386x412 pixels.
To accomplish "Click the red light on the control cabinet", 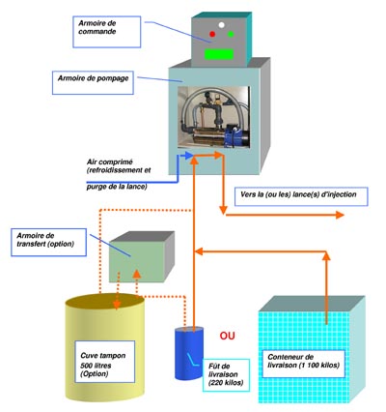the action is pyautogui.click(x=212, y=34).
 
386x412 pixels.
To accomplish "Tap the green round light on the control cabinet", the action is pyautogui.click(x=231, y=34).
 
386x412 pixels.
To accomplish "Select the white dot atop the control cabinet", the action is pyautogui.click(x=221, y=24).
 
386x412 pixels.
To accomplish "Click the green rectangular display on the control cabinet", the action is pyautogui.click(x=219, y=54).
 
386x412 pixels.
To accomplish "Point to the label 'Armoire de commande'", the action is pyautogui.click(x=107, y=32).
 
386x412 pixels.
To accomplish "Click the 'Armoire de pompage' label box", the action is pyautogui.click(x=93, y=83).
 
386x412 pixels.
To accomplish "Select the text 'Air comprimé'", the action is pyautogui.click(x=110, y=162).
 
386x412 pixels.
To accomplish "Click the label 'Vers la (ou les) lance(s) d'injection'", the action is pyautogui.click(x=301, y=196).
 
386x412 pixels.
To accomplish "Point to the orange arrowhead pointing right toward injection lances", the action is pyautogui.click(x=340, y=215).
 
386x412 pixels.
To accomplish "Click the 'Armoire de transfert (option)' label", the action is pyautogui.click(x=48, y=243).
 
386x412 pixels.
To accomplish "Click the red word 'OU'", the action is pyautogui.click(x=227, y=336).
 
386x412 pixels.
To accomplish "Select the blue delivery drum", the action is pyautogui.click(x=189, y=354).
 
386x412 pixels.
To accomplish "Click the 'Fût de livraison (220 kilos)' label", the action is pyautogui.click(x=226, y=375).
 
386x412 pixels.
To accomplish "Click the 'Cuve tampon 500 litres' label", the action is pyautogui.click(x=105, y=362).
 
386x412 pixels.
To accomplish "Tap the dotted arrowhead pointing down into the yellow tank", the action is pyautogui.click(x=117, y=305).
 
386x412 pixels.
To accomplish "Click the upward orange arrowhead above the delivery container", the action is pyautogui.click(x=326, y=255).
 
